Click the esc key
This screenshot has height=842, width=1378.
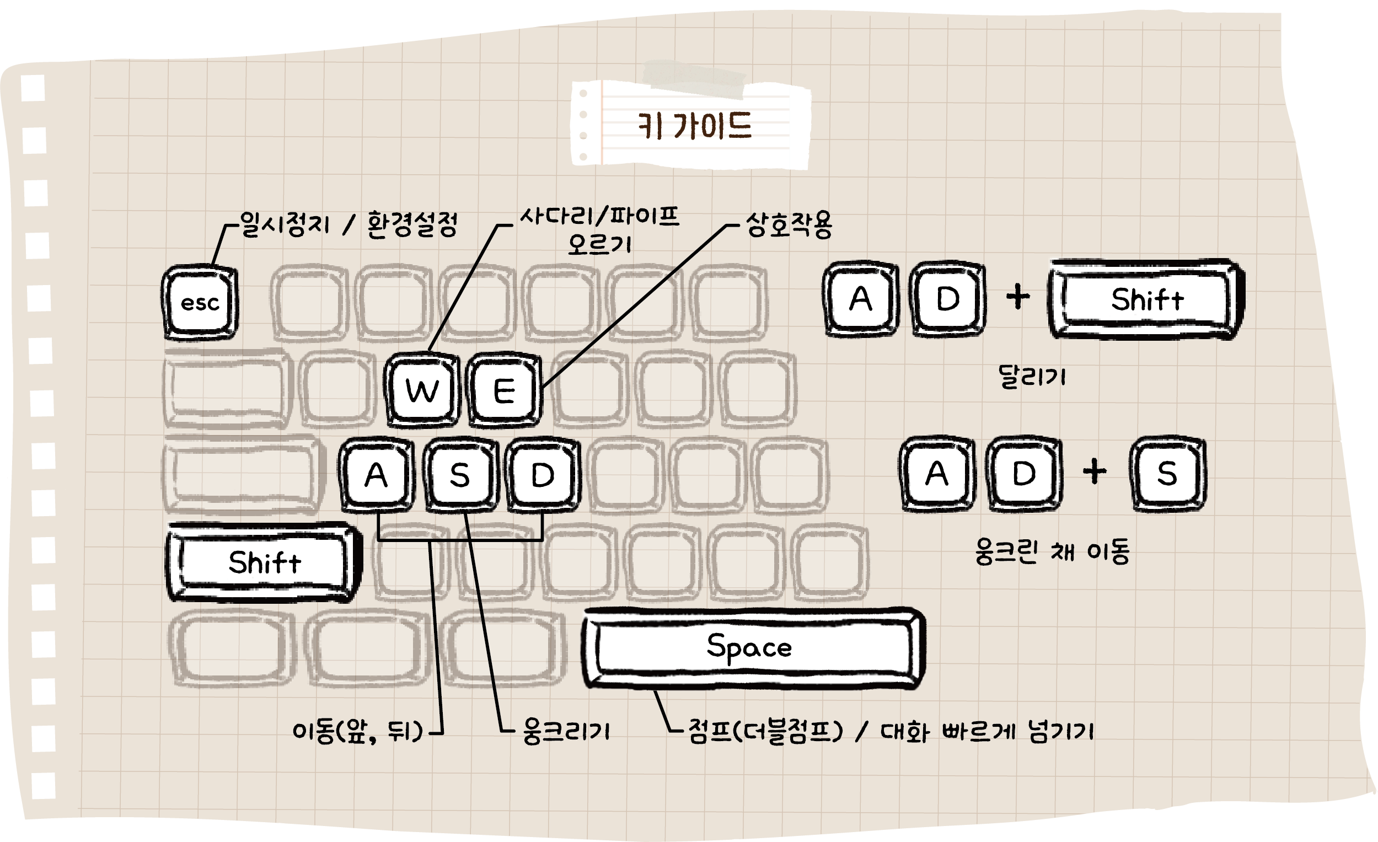click(200, 303)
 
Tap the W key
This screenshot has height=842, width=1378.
click(422, 390)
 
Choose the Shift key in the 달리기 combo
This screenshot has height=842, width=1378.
click(1146, 299)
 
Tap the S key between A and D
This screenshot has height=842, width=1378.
click(460, 475)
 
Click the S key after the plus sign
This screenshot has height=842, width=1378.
click(1167, 474)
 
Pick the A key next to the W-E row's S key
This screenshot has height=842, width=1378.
click(377, 475)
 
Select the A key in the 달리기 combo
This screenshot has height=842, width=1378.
click(861, 298)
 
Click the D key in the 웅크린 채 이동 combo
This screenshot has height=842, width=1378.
click(1024, 474)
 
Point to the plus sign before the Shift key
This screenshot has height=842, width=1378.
click(1018, 297)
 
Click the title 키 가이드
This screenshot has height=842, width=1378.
click(695, 126)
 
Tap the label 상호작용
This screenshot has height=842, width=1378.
click(789, 225)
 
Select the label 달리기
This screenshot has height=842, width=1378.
click(1032, 376)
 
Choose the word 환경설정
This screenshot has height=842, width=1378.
click(412, 225)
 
